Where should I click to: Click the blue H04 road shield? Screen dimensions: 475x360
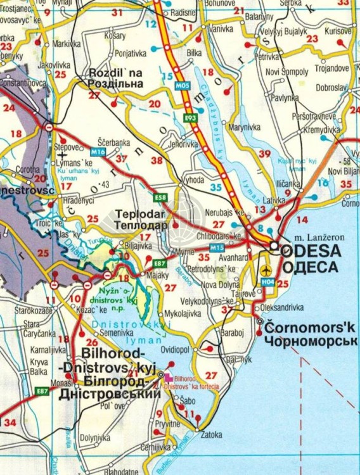pyautogui.click(x=269, y=281)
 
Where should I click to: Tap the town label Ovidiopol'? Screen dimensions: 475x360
pyautogui.click(x=176, y=349)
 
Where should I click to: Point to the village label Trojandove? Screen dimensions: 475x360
pyautogui.click(x=332, y=68)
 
